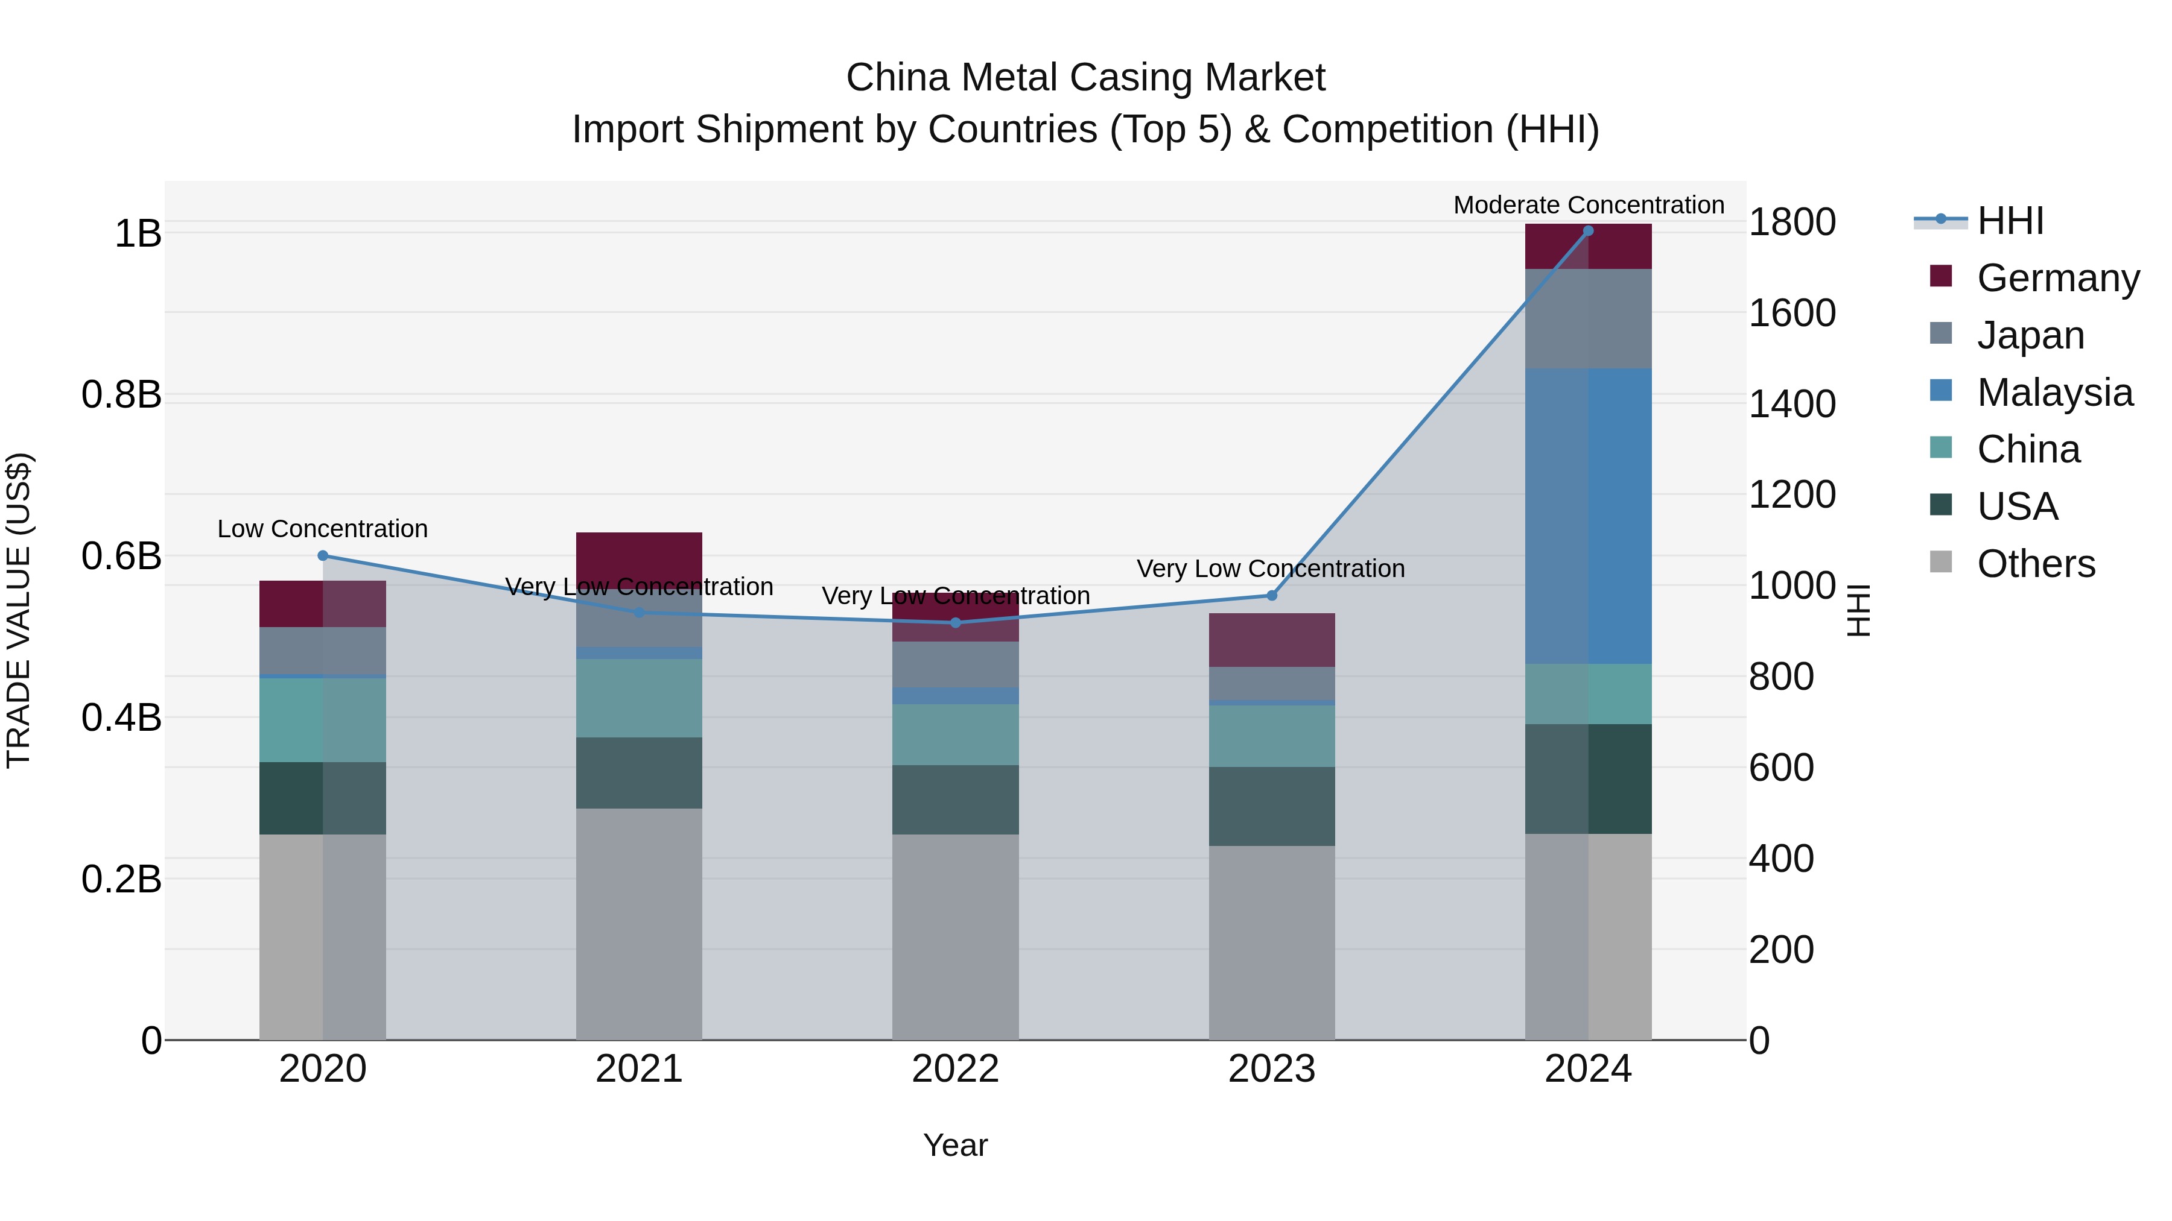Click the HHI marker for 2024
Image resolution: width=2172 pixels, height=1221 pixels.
coord(1588,230)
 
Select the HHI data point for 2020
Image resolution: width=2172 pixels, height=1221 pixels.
coord(323,555)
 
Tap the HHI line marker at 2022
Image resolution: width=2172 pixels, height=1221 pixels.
coord(955,623)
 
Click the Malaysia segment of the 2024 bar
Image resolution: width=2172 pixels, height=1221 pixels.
coord(1588,516)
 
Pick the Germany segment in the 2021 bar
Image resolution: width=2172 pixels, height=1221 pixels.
coord(639,556)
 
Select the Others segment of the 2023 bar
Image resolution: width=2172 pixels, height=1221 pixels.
coord(1271,942)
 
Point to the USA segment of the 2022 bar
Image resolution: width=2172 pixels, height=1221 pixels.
coord(955,799)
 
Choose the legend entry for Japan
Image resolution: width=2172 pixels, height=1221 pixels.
coord(2030,335)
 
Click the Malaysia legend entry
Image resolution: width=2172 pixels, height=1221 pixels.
coord(2054,393)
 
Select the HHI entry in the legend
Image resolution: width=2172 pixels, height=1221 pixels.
coord(2010,221)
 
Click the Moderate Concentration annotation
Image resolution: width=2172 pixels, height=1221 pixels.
coord(1589,205)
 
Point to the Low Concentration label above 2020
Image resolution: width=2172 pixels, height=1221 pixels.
coord(323,528)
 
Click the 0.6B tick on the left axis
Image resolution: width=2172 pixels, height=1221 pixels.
coord(121,556)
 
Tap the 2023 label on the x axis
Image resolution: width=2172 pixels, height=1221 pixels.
coord(1271,1069)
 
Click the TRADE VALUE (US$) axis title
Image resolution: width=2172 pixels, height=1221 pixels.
coord(19,610)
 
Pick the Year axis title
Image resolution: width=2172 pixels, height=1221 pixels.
coord(955,1145)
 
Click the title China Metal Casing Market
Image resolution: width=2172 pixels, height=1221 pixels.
coord(1085,78)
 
